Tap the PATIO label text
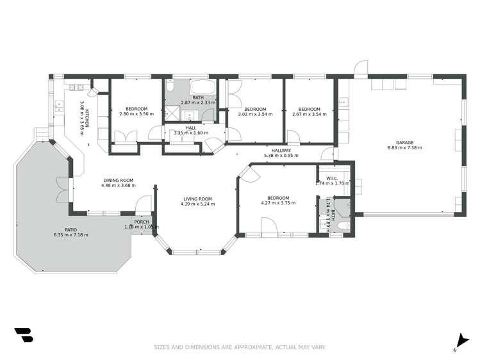71,229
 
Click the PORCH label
142,222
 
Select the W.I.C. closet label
331,178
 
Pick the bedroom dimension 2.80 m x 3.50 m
137,114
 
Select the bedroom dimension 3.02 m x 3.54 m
255,114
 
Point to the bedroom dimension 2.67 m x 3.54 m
309,114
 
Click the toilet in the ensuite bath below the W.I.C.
343,226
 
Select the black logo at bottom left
23,336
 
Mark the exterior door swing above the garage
362,67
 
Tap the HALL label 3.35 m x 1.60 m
192,130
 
